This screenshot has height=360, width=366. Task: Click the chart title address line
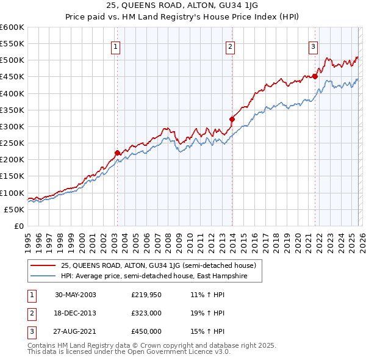point(182,4)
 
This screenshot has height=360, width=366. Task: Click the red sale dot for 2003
point(117,153)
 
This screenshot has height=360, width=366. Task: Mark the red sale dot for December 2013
point(231,119)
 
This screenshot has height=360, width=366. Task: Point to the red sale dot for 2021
point(315,77)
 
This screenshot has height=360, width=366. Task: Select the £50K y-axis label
point(15,209)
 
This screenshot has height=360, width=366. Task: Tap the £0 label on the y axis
point(18,226)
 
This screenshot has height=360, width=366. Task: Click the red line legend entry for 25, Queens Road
point(162,265)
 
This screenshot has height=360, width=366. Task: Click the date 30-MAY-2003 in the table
point(75,295)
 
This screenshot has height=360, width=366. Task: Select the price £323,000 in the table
point(146,313)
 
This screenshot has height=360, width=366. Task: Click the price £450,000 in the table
point(146,331)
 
